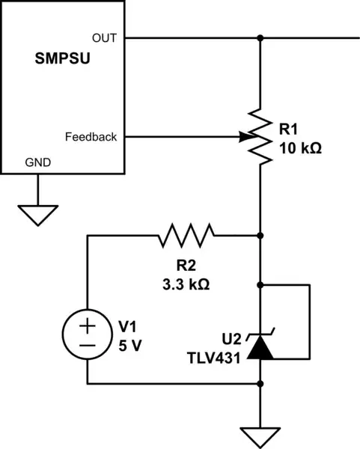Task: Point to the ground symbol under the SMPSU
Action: pos(34,215)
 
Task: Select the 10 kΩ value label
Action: pos(299,148)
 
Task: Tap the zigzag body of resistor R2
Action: pos(186,235)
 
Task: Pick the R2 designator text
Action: pos(186,266)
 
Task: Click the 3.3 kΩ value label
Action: pos(186,284)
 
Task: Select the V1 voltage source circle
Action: pos(88,335)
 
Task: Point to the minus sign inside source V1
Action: pos(88,345)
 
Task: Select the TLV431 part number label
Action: pos(215,358)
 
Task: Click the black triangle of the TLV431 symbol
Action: pos(260,346)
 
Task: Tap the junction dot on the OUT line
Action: pos(260,37)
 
